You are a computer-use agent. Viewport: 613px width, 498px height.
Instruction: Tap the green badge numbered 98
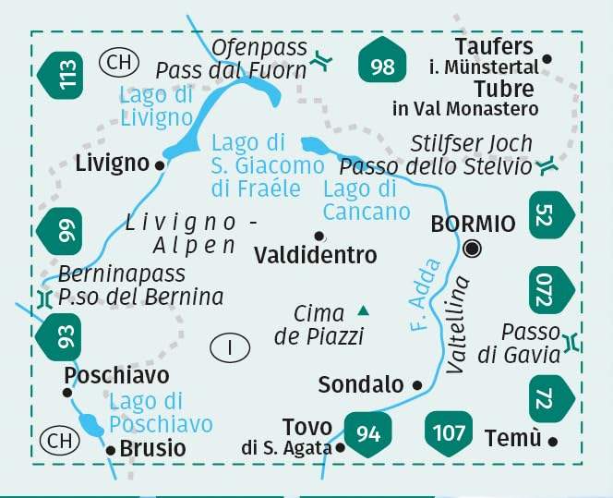381,66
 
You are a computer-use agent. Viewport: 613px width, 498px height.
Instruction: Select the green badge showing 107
449,431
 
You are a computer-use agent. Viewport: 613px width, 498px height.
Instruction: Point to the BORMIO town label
473,225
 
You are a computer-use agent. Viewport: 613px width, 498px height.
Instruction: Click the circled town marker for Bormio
474,248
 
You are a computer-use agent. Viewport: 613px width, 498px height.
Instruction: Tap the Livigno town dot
160,165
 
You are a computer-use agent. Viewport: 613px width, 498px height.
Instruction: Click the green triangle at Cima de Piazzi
364,310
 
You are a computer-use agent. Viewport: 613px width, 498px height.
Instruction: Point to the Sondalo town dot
417,384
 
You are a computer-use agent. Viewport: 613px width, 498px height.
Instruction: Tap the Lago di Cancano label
366,200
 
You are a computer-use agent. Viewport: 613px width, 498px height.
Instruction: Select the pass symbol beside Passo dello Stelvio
547,166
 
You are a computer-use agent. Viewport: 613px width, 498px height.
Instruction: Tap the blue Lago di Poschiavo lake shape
92,424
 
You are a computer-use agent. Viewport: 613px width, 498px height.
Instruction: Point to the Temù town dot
553,441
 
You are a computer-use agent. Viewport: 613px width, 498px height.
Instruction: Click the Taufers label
494,47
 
